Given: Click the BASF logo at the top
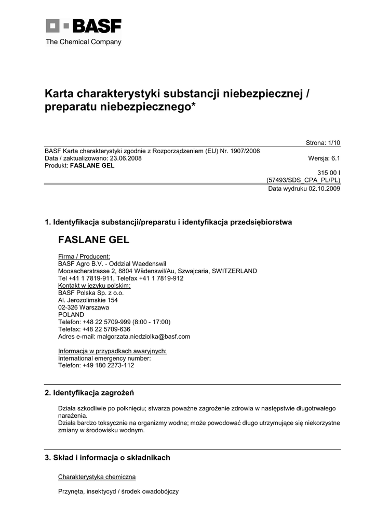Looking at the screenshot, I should click(84, 26).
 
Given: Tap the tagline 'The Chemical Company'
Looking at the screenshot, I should click(84, 42).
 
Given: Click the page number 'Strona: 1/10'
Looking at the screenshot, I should click(323, 143).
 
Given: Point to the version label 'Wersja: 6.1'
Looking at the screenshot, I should click(324, 158).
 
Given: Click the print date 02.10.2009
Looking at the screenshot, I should click(323, 189).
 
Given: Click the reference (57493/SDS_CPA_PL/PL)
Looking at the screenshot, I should click(303, 180).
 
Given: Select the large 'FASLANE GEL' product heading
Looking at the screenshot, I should click(93, 241).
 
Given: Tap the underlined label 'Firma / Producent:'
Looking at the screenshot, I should click(84, 256).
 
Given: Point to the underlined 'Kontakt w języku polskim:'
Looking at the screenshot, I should click(94, 285).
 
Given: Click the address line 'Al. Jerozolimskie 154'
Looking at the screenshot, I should click(88, 300).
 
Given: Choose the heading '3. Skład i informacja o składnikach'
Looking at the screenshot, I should click(108, 458).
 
